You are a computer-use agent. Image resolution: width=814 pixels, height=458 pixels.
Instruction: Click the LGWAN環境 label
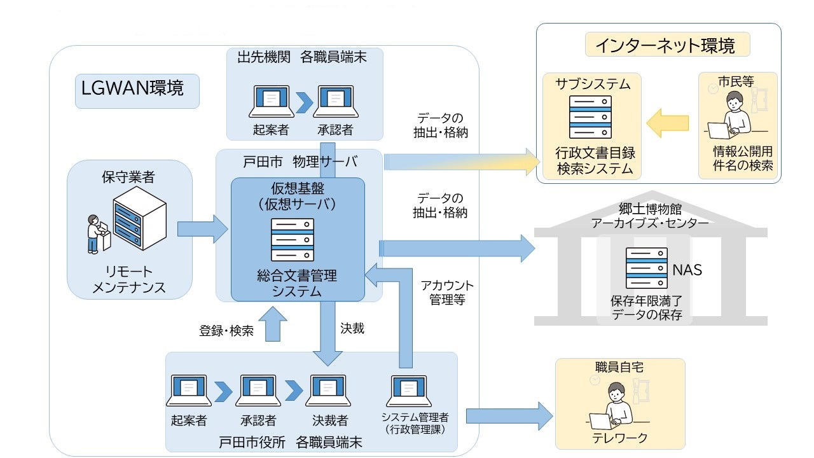pos(132,88)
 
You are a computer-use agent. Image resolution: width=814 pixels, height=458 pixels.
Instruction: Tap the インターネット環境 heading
pos(665,45)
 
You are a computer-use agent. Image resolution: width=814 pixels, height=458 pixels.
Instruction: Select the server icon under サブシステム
pos(590,117)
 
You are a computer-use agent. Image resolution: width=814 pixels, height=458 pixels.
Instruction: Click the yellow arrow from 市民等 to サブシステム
pos(668,123)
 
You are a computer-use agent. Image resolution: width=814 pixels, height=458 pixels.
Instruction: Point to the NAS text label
pos(687,270)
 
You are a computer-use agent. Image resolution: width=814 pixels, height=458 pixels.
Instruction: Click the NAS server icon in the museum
pos(647,268)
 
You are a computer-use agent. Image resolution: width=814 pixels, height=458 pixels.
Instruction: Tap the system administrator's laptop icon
pos(409,391)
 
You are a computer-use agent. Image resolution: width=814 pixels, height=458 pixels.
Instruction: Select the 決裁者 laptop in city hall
pos(328,391)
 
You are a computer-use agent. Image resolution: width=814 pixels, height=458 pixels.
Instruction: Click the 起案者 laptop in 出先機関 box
pos(271,101)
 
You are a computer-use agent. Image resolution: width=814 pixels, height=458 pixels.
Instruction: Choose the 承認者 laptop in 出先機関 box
pos(336,101)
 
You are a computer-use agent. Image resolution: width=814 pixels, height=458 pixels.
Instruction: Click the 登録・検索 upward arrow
pos(273,324)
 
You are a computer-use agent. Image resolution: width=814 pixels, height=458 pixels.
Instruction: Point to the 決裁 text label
pos(352,329)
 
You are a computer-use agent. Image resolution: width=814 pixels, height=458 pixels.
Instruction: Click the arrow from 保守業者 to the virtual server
pos(203,229)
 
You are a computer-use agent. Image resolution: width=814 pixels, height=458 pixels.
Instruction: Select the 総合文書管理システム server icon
pos(293,240)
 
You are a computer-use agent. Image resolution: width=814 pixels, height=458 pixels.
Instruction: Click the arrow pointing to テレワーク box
pos(509,416)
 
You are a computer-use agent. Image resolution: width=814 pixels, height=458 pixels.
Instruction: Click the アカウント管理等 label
pos(447,293)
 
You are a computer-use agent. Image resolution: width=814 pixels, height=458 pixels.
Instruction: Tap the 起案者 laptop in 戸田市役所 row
pos(189,391)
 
